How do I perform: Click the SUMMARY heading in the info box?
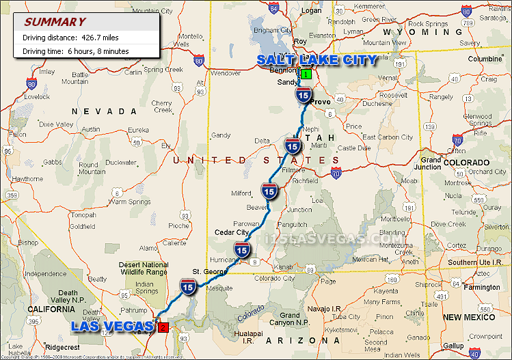coord(55,22)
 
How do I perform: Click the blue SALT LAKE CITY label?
coord(316,60)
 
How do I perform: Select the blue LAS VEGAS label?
coord(113,327)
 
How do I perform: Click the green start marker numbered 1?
coord(306,74)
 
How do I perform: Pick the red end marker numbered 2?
coord(162,327)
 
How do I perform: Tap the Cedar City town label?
coord(232,232)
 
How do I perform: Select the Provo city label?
coord(321,101)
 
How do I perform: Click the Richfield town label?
coord(304,181)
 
